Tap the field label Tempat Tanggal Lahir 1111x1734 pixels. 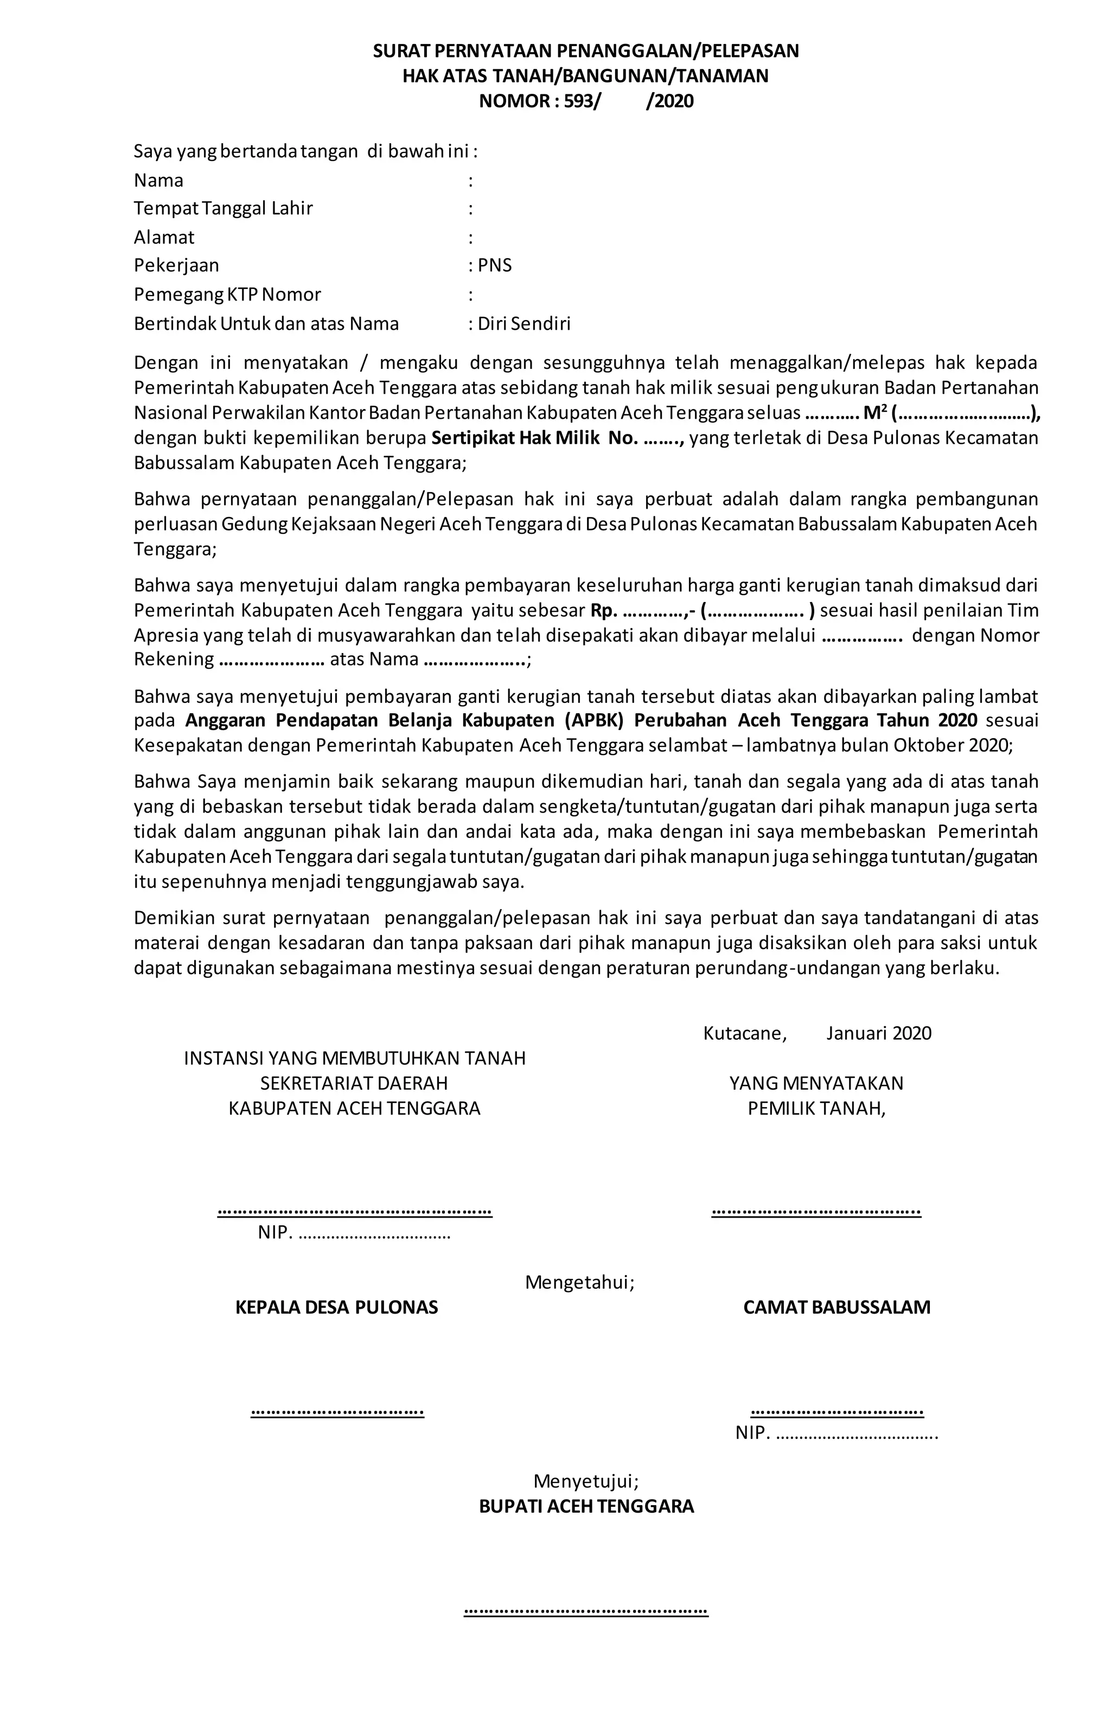[x=223, y=208]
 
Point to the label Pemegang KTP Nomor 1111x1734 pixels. [x=227, y=295]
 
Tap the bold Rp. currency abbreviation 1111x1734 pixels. [x=604, y=610]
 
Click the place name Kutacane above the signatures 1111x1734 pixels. [x=744, y=1033]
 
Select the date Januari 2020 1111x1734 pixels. [x=879, y=1033]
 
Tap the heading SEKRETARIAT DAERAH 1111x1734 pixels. [x=354, y=1083]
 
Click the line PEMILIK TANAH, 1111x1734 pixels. [x=816, y=1108]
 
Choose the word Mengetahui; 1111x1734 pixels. [x=580, y=1282]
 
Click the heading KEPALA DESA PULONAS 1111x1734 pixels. [x=337, y=1307]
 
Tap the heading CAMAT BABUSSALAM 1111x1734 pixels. [x=837, y=1307]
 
